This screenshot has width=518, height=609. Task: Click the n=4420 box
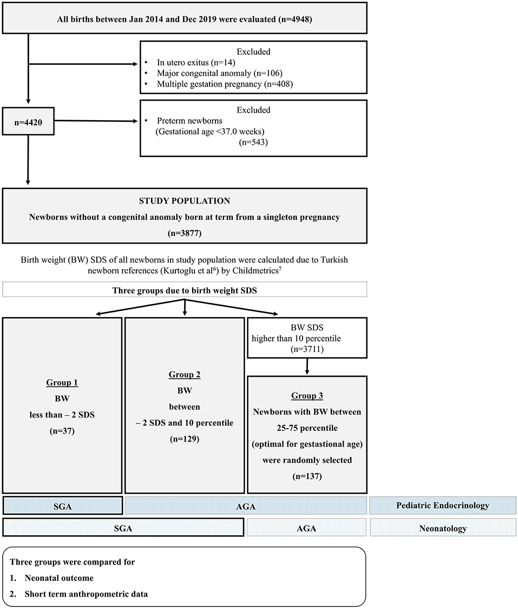tap(28, 123)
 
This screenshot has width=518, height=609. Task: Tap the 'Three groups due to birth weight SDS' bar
tap(185, 290)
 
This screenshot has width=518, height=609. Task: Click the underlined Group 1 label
tap(63, 382)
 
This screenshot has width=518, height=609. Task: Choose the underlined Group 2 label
tap(185, 374)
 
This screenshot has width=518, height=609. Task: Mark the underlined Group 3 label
tap(307, 396)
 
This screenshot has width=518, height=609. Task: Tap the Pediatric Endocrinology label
tap(443, 506)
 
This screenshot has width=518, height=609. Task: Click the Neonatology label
tap(443, 528)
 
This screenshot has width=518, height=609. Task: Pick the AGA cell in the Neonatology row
tap(306, 528)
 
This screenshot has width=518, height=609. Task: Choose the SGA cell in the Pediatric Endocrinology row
tap(63, 506)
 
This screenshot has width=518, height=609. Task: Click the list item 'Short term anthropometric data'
tap(86, 594)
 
